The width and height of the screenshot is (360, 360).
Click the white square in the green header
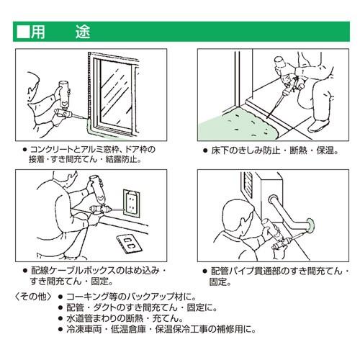coord(23,32)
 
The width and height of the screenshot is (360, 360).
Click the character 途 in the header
coord(83,32)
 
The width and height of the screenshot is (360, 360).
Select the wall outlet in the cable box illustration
coord(131,203)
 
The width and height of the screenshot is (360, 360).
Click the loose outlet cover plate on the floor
coord(129,243)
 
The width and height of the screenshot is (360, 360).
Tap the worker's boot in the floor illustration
coord(318,125)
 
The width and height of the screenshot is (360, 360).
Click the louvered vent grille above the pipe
coord(248,184)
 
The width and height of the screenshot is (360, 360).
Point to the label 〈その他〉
coord(33,297)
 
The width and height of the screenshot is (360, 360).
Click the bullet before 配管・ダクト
coord(60,307)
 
